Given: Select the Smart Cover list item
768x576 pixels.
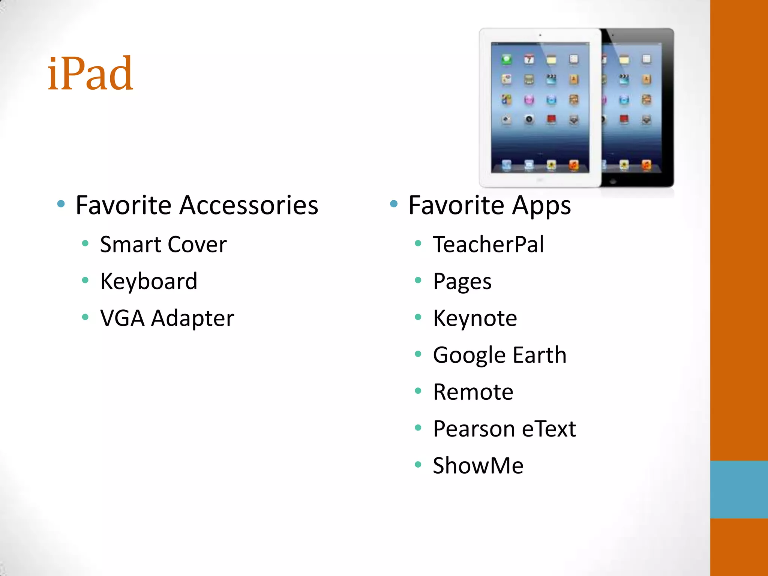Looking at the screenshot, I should point(163,244).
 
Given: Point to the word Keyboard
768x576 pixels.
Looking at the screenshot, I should point(148,281).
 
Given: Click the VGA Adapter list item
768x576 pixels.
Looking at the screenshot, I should point(167,318).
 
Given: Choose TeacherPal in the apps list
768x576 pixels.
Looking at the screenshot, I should point(488,244).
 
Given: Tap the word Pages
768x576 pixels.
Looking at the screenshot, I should point(462,282).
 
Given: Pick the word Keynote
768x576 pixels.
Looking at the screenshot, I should point(475,318).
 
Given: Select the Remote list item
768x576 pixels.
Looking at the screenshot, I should point(473,392).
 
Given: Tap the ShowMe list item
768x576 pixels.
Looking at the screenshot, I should point(478,465).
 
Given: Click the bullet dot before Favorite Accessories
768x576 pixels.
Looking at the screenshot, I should point(61,204).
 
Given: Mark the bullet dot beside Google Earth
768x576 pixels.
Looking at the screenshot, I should point(418,354).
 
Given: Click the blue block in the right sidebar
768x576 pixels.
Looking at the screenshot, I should point(739,489).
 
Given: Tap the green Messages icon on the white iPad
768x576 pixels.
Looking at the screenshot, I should point(507,59).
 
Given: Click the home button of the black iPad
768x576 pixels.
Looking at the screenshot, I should point(613,181).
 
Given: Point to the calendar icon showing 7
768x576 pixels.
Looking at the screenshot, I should point(529,59).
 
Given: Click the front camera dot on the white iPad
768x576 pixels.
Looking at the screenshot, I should point(540,35).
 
